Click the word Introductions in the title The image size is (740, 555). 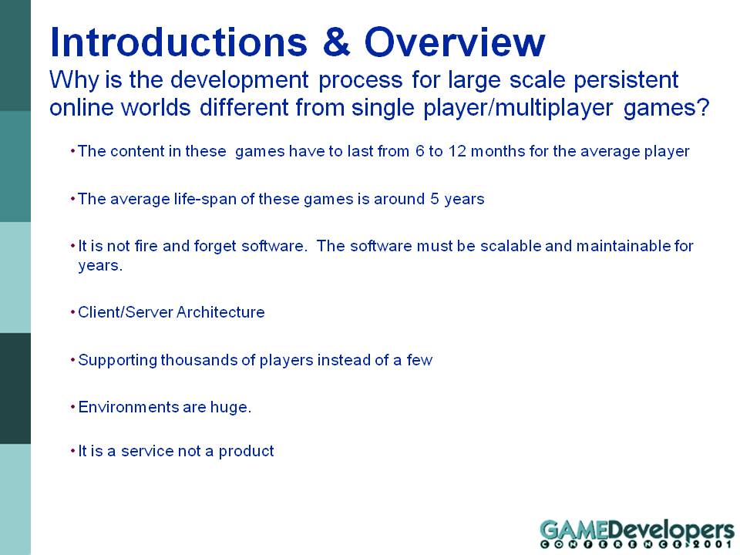[179, 42]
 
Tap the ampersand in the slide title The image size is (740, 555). [337, 42]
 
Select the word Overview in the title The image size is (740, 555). [455, 42]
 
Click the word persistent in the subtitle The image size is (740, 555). [626, 79]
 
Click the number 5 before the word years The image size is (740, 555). [434, 199]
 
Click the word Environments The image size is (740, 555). [129, 407]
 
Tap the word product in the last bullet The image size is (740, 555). [246, 452]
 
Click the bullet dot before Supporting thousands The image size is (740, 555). [73, 360]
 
